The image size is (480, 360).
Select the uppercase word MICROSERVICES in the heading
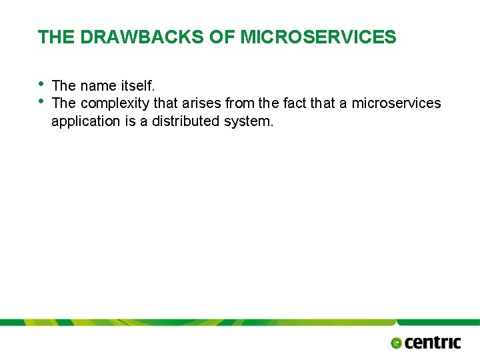[x=318, y=37]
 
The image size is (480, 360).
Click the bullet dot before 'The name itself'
[x=41, y=83]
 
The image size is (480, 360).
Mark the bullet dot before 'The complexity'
[x=41, y=101]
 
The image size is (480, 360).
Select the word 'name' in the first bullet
[x=98, y=86]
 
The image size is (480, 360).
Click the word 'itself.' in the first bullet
[x=137, y=86]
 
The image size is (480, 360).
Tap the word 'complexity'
[x=115, y=104]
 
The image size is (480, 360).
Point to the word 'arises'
[x=202, y=103]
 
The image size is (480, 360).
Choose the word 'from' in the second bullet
[x=239, y=103]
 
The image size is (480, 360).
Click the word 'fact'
[x=295, y=103]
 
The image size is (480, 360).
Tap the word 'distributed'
[x=185, y=121]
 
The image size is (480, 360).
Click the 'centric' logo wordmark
[x=433, y=343]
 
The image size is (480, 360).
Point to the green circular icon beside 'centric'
[x=397, y=343]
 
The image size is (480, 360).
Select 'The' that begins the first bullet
[x=64, y=86]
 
